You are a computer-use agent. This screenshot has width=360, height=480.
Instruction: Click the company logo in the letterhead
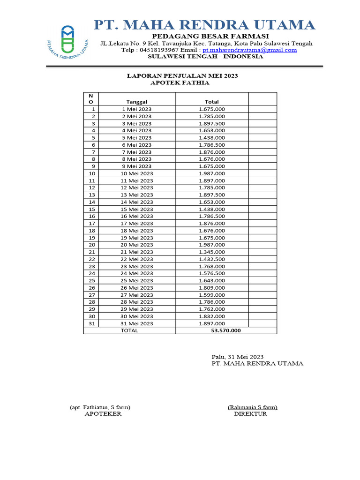coord(68,41)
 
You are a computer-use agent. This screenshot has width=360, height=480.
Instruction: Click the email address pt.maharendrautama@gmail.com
coord(249,50)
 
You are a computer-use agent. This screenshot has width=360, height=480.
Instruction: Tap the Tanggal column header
coord(137,102)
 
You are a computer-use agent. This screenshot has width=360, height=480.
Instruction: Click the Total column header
coord(211,102)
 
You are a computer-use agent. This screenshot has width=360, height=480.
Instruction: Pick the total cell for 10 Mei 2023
coord(211,173)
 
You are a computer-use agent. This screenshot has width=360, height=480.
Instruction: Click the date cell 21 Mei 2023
coord(137,252)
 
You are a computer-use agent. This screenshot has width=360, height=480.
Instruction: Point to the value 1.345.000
coord(211,252)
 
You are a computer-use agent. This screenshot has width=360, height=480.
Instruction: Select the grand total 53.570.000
coord(226,330)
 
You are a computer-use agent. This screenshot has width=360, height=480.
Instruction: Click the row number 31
coord(92,323)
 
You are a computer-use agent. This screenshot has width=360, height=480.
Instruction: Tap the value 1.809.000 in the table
coord(211,288)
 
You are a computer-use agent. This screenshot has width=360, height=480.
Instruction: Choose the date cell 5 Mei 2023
coord(137,138)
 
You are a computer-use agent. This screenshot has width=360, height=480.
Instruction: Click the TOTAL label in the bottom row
coord(129,330)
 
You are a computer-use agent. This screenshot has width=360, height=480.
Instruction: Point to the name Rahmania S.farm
coord(253,407)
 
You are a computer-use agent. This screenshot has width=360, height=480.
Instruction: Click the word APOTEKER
coord(103,414)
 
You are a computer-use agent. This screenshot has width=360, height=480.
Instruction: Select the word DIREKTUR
coord(250,414)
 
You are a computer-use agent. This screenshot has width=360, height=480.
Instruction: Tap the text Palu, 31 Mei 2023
coord(237,357)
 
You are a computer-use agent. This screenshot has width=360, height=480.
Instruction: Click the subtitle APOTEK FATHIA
coord(180,83)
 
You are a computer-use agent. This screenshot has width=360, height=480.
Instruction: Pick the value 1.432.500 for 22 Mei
coord(211,259)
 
